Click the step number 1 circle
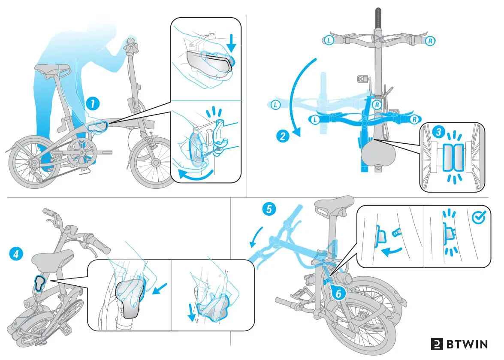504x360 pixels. pyautogui.click(x=92, y=103)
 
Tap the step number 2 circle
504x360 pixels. pyautogui.click(x=282, y=137)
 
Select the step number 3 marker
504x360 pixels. pyautogui.click(x=438, y=132)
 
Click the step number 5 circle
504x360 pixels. pyautogui.click(x=269, y=209)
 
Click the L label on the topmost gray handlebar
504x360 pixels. pyautogui.click(x=328, y=40)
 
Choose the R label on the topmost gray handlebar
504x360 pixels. pyautogui.click(x=430, y=41)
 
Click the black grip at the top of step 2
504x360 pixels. pyautogui.click(x=378, y=18)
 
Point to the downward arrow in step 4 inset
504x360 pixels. pyautogui.click(x=192, y=315)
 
